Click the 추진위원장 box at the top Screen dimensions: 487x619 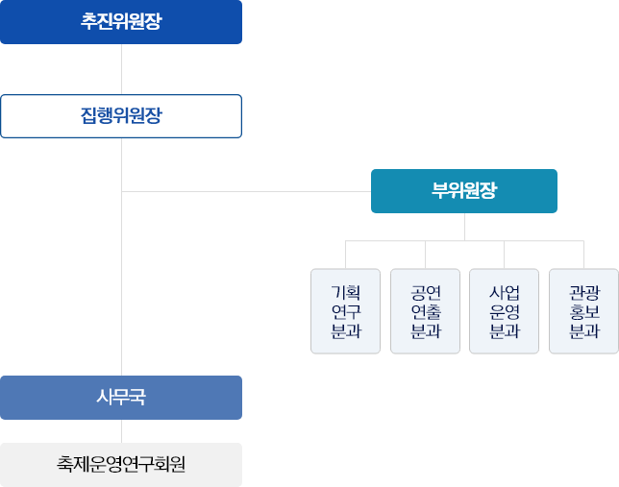(121, 22)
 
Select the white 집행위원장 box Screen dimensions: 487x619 (121, 116)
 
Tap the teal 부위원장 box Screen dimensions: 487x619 (464, 190)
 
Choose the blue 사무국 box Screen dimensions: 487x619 (121, 397)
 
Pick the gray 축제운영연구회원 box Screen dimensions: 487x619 (121, 465)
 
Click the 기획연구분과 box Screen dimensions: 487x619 (345, 311)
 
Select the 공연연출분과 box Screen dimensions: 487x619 (425, 311)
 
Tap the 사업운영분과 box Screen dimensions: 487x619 (505, 311)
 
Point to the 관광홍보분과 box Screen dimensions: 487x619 (583, 311)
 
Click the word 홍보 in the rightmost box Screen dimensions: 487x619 (583, 311)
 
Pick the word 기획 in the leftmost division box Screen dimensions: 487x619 (345, 291)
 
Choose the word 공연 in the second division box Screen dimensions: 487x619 (425, 291)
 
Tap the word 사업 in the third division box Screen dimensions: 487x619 (505, 291)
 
